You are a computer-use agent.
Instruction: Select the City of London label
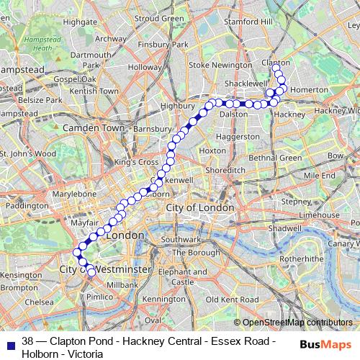pos(200,207)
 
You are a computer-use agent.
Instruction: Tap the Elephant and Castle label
pos(179,277)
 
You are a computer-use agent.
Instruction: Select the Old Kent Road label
pos(227,298)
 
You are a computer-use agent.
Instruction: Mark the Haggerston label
pos(237,136)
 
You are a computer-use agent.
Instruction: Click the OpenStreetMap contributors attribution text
pos(297,323)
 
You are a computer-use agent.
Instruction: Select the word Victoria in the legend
pos(88,354)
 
